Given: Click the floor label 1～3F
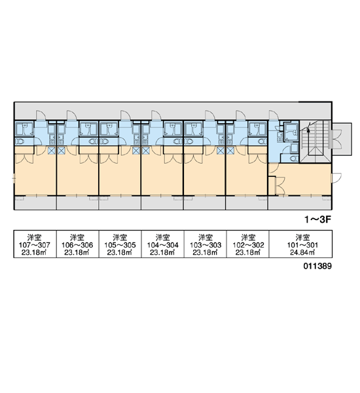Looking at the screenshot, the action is tap(317, 220).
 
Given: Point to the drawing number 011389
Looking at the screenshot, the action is tap(317, 266).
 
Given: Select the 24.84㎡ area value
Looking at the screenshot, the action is tap(302, 252).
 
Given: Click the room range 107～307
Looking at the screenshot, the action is tap(35, 245).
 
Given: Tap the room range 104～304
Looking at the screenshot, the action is tap(163, 245).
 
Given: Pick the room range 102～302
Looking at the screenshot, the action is tap(248, 245).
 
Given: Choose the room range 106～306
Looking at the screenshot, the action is tap(77, 245).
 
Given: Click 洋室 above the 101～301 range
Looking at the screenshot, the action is tap(302, 237).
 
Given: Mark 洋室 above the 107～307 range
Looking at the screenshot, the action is tap(35, 237).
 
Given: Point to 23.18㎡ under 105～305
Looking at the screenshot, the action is tap(120, 252).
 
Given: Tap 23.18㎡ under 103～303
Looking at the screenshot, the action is tap(206, 252).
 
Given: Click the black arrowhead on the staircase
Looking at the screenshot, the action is tap(309, 130).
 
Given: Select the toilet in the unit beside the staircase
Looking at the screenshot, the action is tap(294, 159).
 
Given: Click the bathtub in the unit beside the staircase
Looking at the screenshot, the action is tap(291, 132).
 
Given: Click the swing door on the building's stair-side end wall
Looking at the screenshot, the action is tap(336, 178).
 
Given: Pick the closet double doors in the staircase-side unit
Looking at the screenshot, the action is tap(280, 186).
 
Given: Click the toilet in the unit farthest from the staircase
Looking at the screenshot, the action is tap(20, 141).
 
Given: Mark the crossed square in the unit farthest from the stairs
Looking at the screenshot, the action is tap(51, 151).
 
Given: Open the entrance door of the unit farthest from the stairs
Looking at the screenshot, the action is tap(41, 115).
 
